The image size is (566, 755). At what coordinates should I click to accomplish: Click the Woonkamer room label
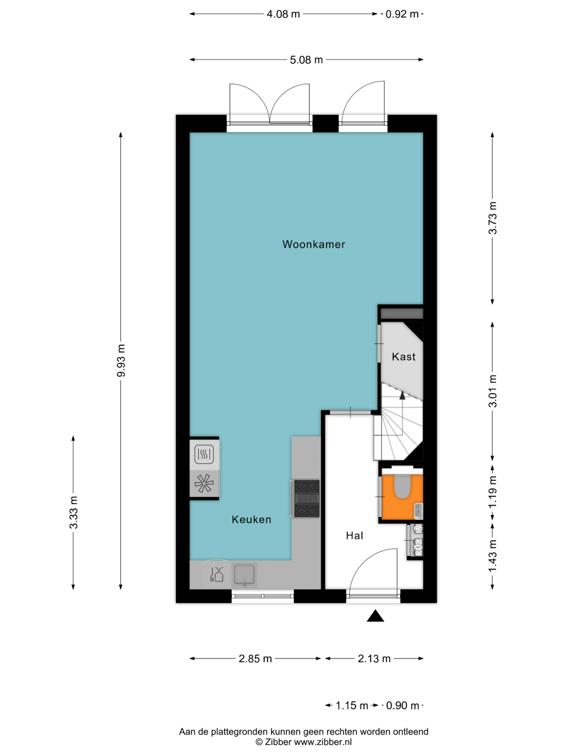tap(314, 244)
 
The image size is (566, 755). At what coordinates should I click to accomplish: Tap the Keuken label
tap(251, 520)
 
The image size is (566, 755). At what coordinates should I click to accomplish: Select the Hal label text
tap(355, 536)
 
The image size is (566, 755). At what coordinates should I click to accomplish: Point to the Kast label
tap(404, 357)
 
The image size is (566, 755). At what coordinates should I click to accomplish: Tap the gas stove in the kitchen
tap(307, 498)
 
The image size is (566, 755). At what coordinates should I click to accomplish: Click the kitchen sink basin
tap(244, 574)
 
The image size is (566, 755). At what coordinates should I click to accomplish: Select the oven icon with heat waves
tap(204, 454)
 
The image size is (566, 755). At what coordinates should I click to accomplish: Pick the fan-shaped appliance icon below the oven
tap(204, 483)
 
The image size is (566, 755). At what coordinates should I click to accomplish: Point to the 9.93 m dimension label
tap(121, 360)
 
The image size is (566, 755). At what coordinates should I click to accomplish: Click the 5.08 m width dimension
tap(306, 60)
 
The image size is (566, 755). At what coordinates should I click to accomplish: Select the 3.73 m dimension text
tap(493, 218)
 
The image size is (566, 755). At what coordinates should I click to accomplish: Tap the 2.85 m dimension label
tap(255, 659)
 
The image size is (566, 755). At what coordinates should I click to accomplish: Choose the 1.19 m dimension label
tap(493, 492)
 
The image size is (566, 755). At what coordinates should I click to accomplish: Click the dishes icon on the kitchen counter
tap(217, 574)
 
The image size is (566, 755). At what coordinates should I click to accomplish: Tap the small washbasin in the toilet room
tap(418, 511)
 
